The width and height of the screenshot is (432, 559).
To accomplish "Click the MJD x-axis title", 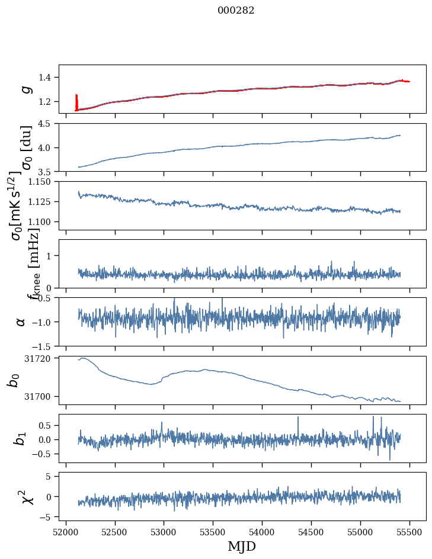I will tap(242, 546).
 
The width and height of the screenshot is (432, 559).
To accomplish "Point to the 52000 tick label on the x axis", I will tap(66, 531).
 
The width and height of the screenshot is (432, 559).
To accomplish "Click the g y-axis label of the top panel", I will tap(25, 89).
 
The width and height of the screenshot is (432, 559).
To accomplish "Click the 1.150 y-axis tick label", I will tap(43, 182).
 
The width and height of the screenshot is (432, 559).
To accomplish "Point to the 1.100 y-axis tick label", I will tap(43, 221).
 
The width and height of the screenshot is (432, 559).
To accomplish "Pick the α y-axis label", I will tap(21, 322).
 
